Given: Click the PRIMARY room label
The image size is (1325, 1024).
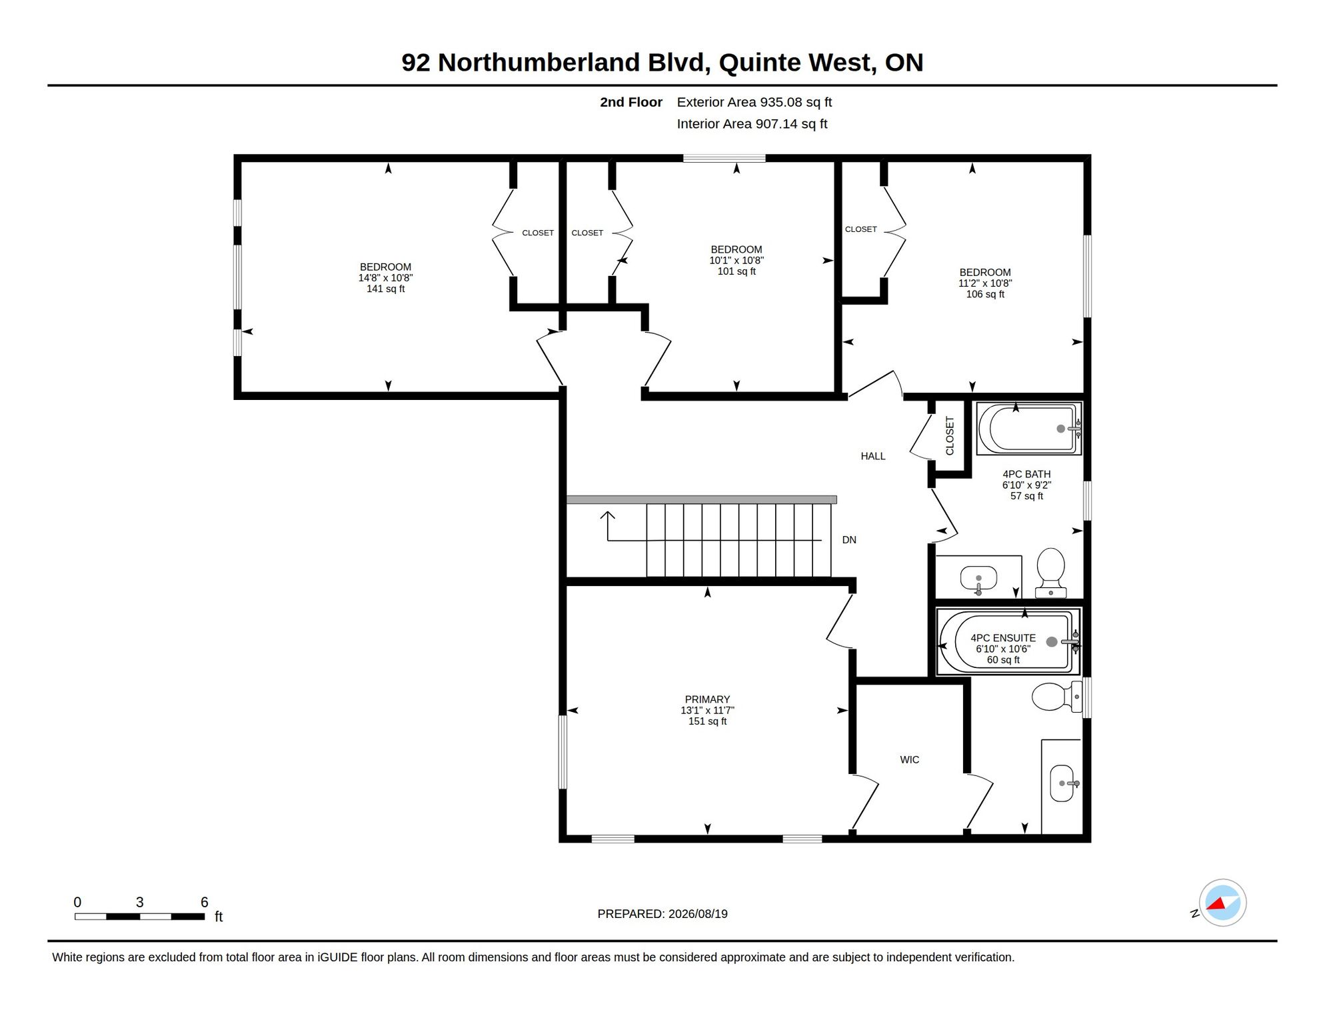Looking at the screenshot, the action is tap(707, 699).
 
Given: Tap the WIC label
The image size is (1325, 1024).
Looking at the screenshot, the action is tap(909, 759).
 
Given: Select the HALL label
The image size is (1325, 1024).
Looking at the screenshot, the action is tap(873, 456).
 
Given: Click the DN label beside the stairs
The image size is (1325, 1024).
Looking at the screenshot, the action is tap(849, 540).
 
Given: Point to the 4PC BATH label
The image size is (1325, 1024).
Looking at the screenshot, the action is tap(1026, 474).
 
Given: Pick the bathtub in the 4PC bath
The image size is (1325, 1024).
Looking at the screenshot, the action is tap(1029, 429).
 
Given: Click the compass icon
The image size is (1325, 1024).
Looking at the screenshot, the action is tap(1222, 903).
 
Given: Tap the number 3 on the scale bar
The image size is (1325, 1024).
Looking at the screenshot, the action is tap(140, 902).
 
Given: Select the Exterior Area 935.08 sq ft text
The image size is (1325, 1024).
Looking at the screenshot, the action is tap(754, 102).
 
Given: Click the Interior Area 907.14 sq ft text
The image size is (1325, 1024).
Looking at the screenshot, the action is tap(752, 124).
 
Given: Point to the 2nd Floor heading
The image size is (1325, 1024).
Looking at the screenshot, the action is tap(631, 102).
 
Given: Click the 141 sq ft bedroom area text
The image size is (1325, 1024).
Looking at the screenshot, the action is tap(385, 289).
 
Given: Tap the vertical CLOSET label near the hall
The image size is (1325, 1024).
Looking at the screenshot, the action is tap(950, 436).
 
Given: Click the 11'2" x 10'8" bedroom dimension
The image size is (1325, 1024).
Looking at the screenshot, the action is tap(985, 283).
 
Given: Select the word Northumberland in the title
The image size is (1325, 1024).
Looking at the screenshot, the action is tap(539, 63).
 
